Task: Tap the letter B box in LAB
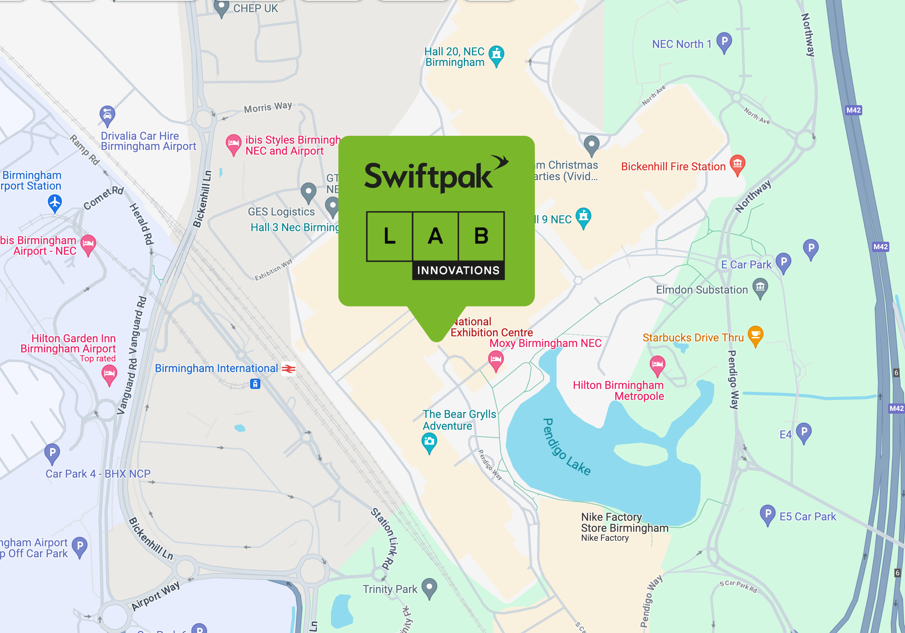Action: click(481, 236)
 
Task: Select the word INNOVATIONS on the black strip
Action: click(458, 270)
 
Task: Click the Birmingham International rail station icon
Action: click(289, 368)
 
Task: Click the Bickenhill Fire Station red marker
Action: click(737, 164)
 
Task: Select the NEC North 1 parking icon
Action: click(724, 42)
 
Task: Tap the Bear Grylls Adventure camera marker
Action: click(429, 441)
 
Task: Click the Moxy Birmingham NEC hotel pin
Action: click(496, 360)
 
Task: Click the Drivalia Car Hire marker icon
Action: click(107, 115)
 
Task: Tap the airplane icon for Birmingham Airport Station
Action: click(55, 202)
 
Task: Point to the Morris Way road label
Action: click(268, 107)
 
